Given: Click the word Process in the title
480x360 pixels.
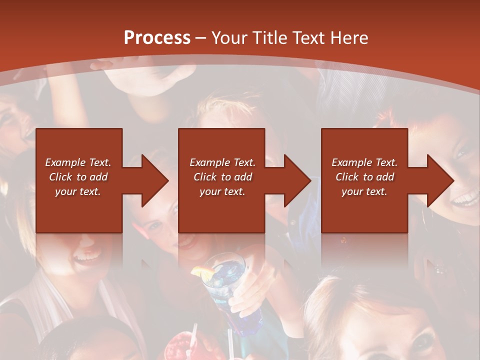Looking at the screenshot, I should click(x=157, y=38).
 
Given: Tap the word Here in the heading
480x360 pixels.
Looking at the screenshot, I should click(x=348, y=38).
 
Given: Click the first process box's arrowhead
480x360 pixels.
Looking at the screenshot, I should click(x=152, y=180).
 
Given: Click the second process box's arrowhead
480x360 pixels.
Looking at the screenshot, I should click(x=295, y=180).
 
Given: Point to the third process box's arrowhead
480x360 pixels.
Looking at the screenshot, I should click(x=439, y=180).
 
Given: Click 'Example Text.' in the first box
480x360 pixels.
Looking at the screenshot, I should click(x=78, y=162).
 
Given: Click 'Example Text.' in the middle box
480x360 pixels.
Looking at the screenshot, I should click(x=222, y=162).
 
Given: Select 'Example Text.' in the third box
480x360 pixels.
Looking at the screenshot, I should click(x=364, y=162).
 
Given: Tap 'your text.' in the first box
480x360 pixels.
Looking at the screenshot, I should click(x=78, y=191).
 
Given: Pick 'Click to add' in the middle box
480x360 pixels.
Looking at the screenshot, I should click(x=222, y=177).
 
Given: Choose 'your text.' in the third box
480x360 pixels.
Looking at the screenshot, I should click(x=364, y=191).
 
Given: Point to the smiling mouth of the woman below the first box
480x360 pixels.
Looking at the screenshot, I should click(x=87, y=258).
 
